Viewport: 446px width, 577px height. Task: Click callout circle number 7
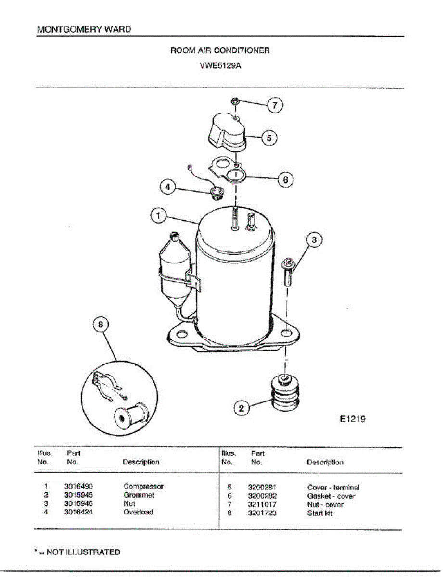[x=275, y=105]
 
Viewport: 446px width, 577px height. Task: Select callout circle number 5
[x=269, y=138]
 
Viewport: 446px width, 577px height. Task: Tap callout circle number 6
[x=285, y=179]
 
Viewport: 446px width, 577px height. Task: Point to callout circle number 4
[x=167, y=187]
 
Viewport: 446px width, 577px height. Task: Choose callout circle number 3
[x=313, y=239]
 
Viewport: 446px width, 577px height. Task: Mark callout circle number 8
[x=101, y=325]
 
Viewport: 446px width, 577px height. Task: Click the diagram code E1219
[x=352, y=419]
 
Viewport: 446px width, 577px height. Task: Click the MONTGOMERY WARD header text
[x=84, y=29]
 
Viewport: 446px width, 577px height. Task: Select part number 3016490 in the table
[x=78, y=487]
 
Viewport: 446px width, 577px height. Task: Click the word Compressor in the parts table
[x=143, y=487]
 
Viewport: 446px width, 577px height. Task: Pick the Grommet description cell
[x=139, y=495]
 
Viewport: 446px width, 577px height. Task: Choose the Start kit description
[x=320, y=514]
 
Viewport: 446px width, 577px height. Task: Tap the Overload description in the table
[x=139, y=513]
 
